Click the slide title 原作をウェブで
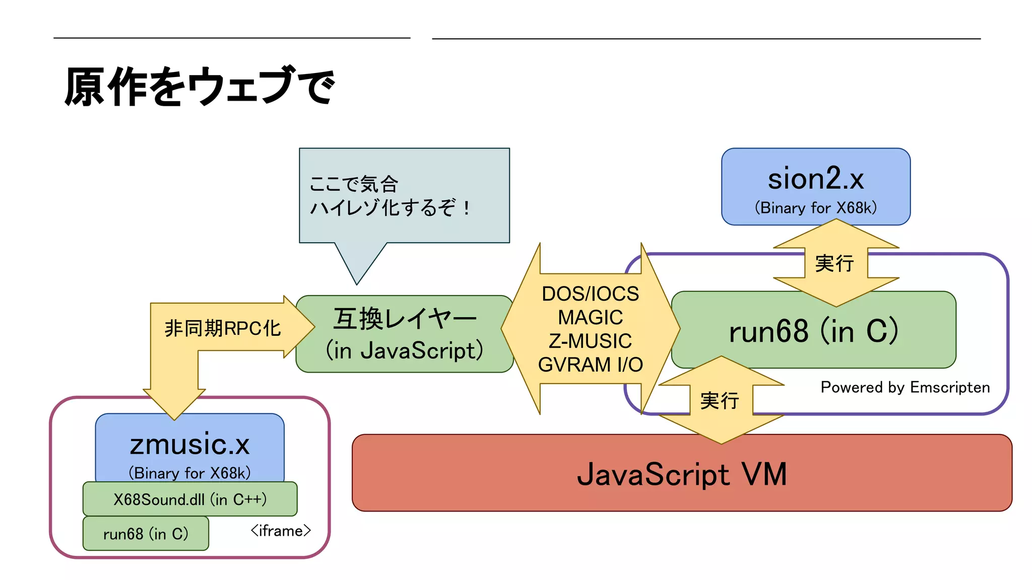coord(200,87)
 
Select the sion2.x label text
coord(815,179)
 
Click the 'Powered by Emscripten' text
coord(905,387)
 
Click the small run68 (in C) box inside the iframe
coord(146,534)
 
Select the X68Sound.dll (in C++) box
coord(190,499)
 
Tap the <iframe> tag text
coord(281,531)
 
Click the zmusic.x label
coord(189,444)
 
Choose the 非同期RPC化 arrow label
coord(222,328)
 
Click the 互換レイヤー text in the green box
coord(405,319)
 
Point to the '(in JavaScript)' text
coord(405,350)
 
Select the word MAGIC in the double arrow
coord(590,317)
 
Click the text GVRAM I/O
coord(590,365)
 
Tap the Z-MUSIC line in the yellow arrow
coord(590,341)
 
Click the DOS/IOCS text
coord(590,294)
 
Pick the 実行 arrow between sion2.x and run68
coord(835,263)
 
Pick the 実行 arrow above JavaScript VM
coord(720,401)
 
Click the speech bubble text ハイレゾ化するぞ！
coord(391,207)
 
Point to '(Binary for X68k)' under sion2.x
coord(815,207)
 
